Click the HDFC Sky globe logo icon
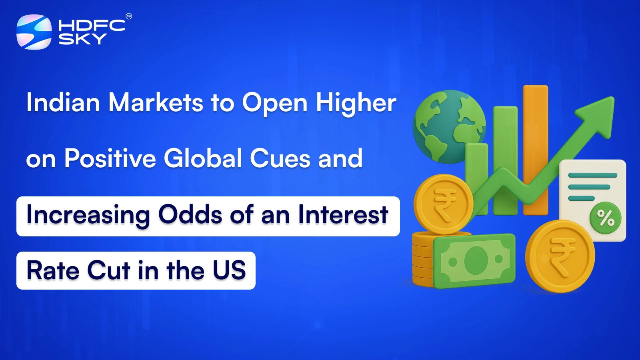tap(34, 32)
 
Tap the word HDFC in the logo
tap(92, 26)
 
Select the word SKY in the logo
tap(82, 39)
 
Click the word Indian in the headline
tap(63, 102)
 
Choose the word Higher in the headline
tap(356, 103)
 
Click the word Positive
tap(110, 158)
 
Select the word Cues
tap(280, 158)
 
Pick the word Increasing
tap(88, 215)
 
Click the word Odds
tap(190, 214)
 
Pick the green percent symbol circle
tap(605, 218)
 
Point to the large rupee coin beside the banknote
tap(560, 256)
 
